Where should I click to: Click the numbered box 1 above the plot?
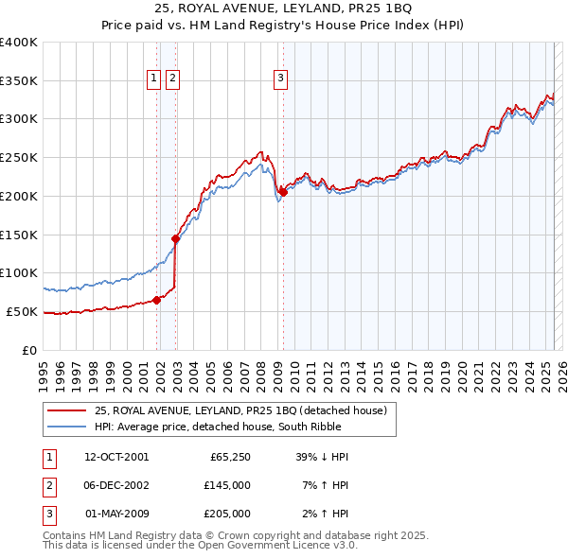point(152,80)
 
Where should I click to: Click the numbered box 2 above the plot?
point(172,80)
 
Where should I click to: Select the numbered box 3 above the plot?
point(281,80)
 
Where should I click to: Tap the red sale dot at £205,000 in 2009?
point(283,192)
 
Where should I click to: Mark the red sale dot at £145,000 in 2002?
point(175,238)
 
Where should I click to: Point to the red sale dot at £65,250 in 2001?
point(156,300)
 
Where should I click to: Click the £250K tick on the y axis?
point(19,157)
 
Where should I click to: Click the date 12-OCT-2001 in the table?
point(116,457)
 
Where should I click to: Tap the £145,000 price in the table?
point(227,485)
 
